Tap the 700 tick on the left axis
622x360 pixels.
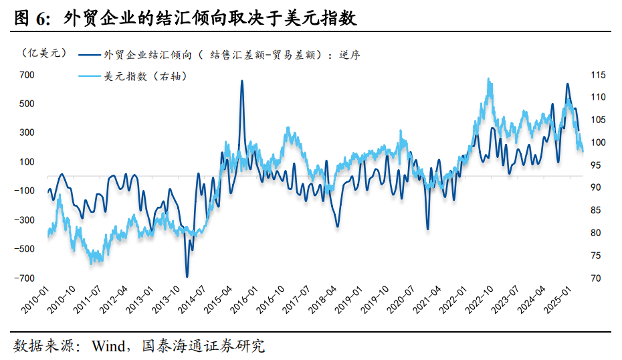tap(26, 75)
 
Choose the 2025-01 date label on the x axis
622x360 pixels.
tap(560, 301)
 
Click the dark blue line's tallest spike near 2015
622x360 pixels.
tap(241, 81)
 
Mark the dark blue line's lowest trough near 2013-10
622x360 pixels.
tap(187, 276)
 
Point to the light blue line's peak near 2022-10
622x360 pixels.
tap(489, 80)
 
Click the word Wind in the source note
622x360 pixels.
tap(110, 346)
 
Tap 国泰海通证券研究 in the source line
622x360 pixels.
tap(203, 346)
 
